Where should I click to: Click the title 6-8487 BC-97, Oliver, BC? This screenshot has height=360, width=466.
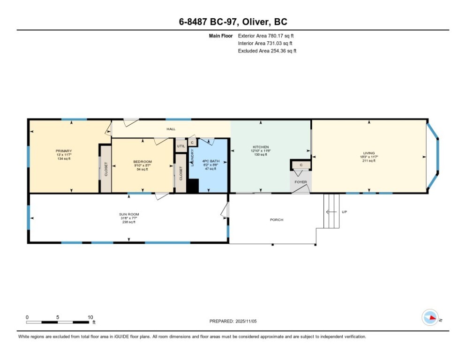point(233,22)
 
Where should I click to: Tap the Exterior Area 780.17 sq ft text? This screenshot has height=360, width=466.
point(266,36)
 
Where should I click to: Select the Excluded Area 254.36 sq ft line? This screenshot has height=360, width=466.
point(267,51)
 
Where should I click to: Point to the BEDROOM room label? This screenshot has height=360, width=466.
point(143,162)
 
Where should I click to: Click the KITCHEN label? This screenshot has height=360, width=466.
point(261,147)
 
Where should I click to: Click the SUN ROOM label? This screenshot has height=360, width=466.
point(128,214)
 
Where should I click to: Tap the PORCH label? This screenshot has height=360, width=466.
point(277,220)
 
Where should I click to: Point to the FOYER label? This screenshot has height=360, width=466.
point(301,182)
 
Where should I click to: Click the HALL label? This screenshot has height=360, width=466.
point(171,129)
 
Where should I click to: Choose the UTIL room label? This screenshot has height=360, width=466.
point(180,146)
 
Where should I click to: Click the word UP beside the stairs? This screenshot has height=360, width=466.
point(345,212)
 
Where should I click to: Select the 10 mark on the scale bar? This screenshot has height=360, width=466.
point(90,317)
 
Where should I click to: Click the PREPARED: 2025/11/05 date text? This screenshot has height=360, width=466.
point(233,321)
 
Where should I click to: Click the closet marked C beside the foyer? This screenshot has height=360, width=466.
point(301,165)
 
